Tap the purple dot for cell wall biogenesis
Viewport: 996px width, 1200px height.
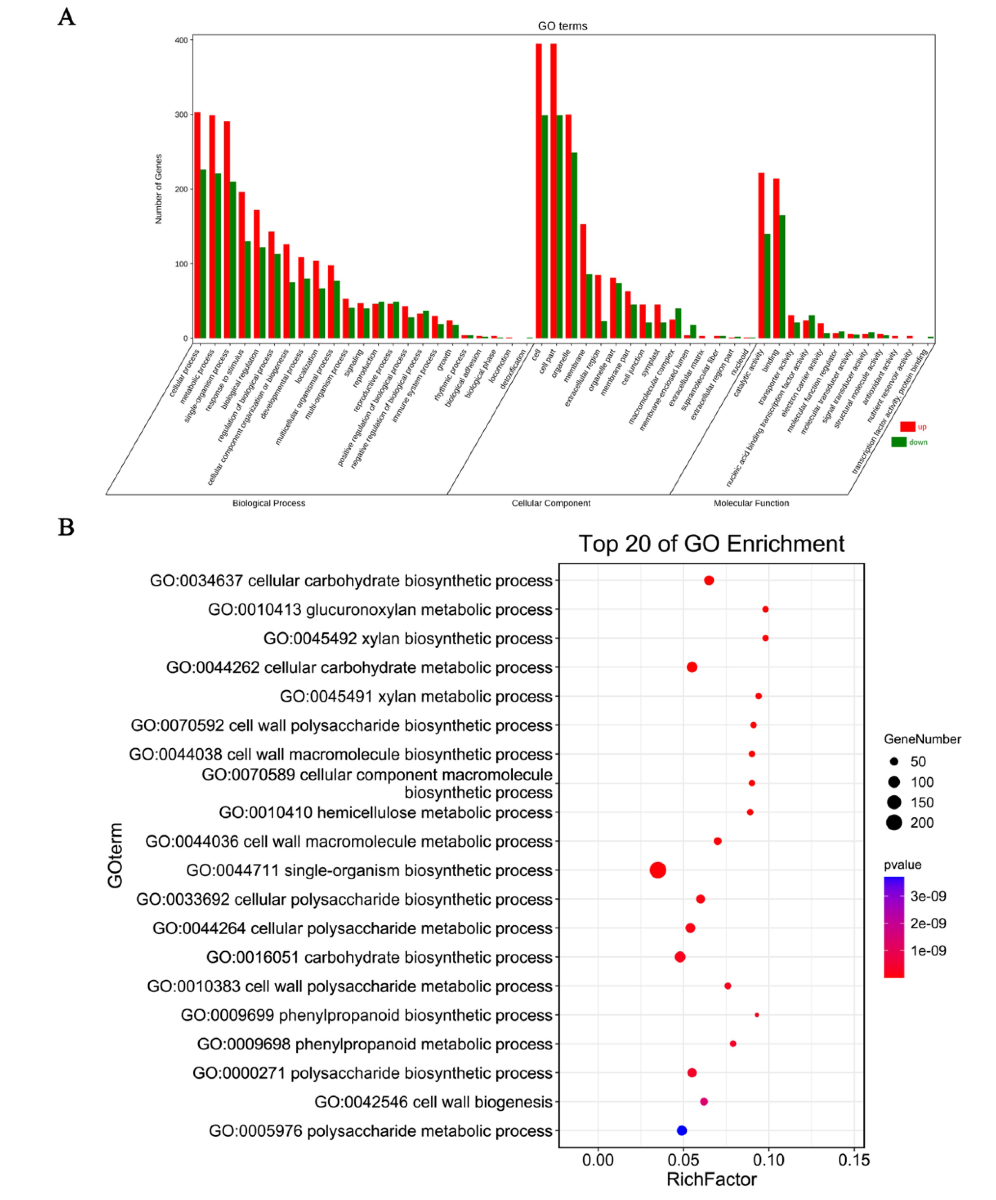tap(704, 1101)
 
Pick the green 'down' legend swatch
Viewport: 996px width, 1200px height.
tap(899, 442)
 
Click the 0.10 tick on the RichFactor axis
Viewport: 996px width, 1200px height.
tap(768, 1160)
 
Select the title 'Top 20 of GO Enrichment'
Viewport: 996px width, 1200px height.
tap(711, 543)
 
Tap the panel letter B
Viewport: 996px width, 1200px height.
tap(66, 527)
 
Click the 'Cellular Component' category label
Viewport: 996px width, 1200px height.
tap(551, 503)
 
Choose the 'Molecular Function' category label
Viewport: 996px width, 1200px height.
tap(751, 503)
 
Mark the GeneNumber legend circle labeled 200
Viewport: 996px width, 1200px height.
tap(894, 823)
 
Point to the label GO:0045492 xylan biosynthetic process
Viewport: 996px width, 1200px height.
tap(408, 638)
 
